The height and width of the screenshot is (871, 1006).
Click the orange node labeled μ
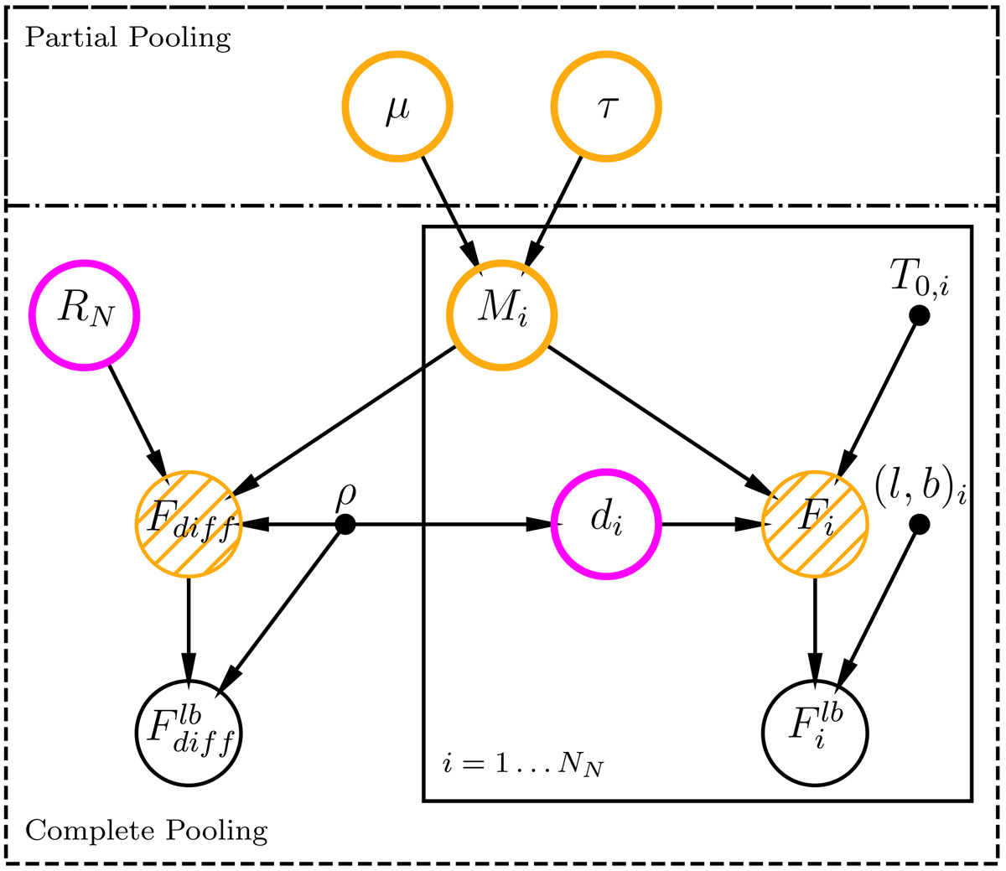(x=397, y=106)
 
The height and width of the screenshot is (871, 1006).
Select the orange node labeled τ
(x=606, y=106)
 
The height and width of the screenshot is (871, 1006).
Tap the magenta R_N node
(x=84, y=314)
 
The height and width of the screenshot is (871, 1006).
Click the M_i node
(x=501, y=314)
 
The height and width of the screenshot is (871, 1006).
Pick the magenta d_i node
(x=606, y=524)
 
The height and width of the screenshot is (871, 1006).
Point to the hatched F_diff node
(x=189, y=524)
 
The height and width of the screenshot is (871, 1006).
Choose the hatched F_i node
(x=815, y=524)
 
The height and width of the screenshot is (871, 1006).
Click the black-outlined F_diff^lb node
(x=189, y=733)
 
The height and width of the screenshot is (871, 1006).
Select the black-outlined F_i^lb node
(x=815, y=733)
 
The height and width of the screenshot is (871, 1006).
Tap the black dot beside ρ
(x=345, y=525)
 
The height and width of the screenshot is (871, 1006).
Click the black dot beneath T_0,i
(x=919, y=315)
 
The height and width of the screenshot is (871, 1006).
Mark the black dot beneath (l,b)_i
(x=919, y=525)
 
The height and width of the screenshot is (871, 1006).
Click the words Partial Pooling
(x=127, y=38)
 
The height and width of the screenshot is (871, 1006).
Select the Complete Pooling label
(x=147, y=831)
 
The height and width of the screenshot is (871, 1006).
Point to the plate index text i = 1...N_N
(x=524, y=765)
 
